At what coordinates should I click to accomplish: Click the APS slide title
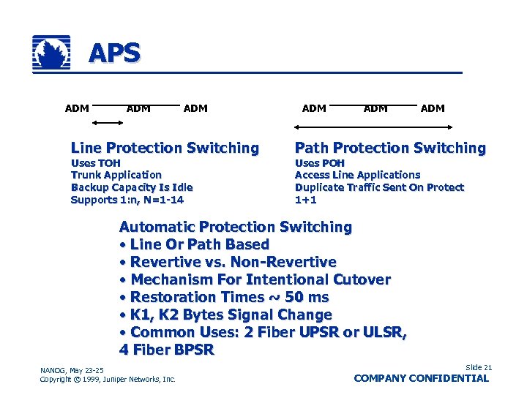(114, 53)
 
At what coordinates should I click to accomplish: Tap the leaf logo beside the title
(52, 53)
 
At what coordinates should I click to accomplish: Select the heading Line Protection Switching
(165, 148)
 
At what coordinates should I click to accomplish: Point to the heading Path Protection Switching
(390, 148)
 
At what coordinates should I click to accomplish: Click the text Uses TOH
(95, 163)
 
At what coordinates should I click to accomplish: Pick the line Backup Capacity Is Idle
(131, 187)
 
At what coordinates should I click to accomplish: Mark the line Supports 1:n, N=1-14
(127, 200)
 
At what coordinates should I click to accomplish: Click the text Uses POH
(319, 163)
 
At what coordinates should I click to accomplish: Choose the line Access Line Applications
(357, 175)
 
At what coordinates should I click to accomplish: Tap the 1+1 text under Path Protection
(305, 200)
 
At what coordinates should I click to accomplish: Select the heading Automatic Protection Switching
(235, 227)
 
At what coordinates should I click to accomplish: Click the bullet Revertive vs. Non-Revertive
(233, 262)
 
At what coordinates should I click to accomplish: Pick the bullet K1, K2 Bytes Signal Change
(231, 315)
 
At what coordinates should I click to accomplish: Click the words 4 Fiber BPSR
(166, 350)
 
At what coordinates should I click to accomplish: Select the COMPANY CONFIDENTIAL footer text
(421, 378)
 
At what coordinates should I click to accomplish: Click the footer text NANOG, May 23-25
(72, 369)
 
